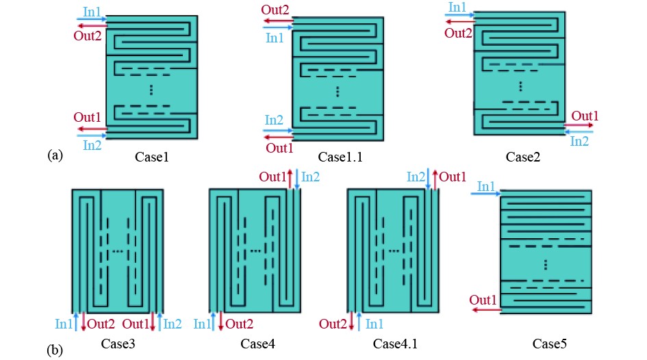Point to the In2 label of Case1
click(92, 144)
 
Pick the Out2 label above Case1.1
click(275, 10)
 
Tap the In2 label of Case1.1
click(275, 120)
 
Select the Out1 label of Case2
click(585, 115)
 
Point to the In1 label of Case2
click(457, 8)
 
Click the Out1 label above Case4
click(272, 177)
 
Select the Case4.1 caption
click(393, 342)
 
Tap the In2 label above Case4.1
click(416, 177)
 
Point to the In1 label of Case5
click(485, 186)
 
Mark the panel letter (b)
click(55, 350)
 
